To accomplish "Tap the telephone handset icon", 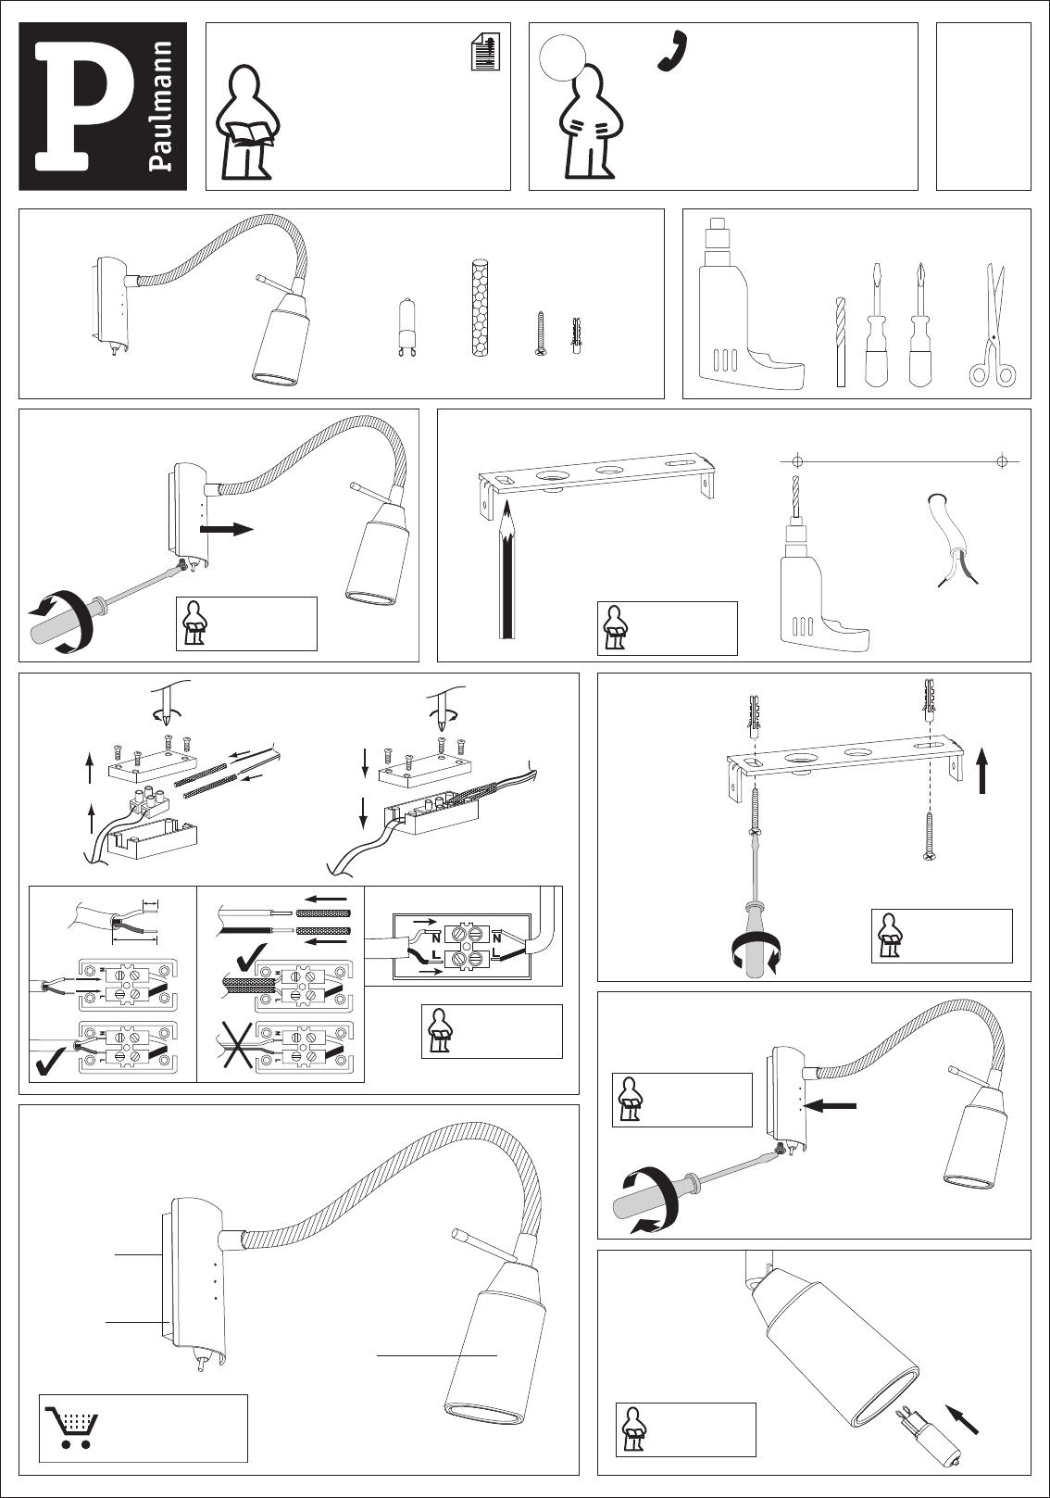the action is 673,51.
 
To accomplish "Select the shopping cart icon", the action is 70,1428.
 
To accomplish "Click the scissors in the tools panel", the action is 993,324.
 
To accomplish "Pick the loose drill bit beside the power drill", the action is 840,342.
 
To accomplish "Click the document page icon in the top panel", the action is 485,52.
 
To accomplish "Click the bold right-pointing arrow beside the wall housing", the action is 226,529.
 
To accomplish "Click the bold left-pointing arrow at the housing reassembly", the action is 833,1105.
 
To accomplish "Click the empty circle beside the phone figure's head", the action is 558,57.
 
